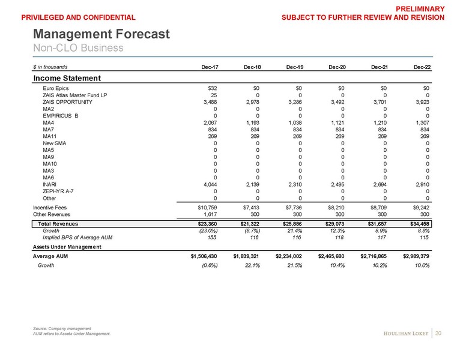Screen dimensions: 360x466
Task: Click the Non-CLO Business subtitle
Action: [77, 48]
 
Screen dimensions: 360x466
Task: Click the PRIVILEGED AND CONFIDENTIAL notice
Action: [77, 18]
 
